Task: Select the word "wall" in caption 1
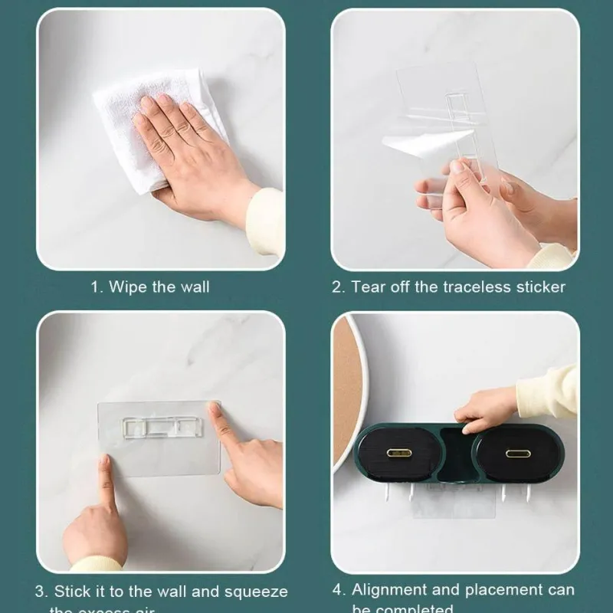click(194, 287)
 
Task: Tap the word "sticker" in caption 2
click(539, 287)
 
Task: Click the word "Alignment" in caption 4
click(390, 589)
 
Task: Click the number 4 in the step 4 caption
click(339, 589)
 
